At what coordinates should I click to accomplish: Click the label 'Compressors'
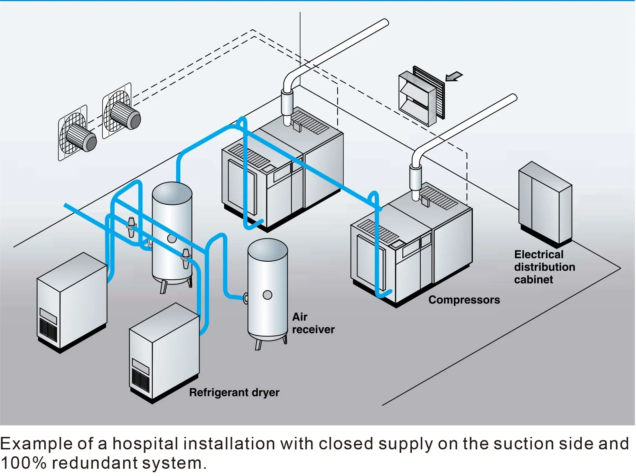point(464,300)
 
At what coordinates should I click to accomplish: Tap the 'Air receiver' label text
point(313,323)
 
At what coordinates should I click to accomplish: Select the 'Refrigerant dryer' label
point(234,392)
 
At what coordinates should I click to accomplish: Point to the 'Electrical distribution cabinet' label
point(544,267)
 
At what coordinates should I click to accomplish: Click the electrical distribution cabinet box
point(545,204)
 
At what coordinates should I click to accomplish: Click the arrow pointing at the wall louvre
point(454,76)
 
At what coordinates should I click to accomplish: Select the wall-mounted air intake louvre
point(422,95)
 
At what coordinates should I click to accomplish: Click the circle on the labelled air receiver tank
point(267,295)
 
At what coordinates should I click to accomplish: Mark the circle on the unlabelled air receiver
point(171,238)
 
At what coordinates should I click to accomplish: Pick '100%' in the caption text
point(23,463)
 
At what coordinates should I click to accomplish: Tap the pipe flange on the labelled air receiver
point(246,298)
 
